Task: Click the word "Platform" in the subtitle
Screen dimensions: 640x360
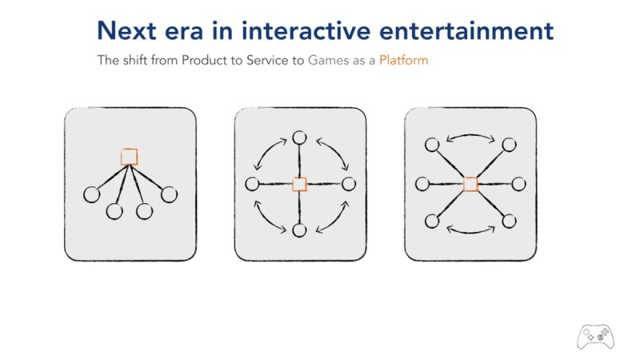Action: (x=404, y=61)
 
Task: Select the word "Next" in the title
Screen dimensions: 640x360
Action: (x=126, y=31)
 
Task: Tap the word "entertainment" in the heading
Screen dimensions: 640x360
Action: (x=466, y=31)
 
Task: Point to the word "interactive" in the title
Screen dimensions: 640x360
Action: (x=306, y=31)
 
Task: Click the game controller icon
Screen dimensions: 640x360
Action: (x=595, y=337)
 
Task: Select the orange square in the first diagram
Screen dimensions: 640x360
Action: (x=130, y=157)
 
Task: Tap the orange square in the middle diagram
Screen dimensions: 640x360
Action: (x=299, y=184)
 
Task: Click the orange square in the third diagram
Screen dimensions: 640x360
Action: (x=470, y=184)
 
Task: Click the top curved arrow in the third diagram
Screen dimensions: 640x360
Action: (x=470, y=135)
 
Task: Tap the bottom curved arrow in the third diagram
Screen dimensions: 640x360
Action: (x=470, y=233)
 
